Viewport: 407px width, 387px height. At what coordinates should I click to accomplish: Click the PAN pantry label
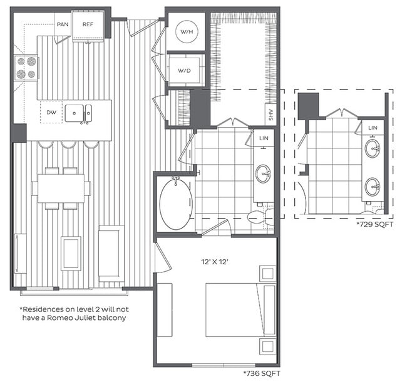pos(62,24)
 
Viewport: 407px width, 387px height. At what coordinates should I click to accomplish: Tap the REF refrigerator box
pos(88,24)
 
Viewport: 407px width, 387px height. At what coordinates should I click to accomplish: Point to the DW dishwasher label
pos(51,113)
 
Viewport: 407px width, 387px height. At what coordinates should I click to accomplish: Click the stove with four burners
pos(26,68)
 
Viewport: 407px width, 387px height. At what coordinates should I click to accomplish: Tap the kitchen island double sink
pos(79,113)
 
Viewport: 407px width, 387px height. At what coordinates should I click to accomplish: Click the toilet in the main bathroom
pos(257,217)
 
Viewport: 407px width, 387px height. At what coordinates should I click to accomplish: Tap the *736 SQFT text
pos(260,374)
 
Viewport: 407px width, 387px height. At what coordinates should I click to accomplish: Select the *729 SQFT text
pos(374,224)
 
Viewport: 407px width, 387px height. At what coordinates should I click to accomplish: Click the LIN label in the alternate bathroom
pos(373,128)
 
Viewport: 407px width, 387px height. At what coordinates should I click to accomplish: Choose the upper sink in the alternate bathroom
pos(373,149)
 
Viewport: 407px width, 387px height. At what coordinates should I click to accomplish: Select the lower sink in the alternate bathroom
pos(373,186)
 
